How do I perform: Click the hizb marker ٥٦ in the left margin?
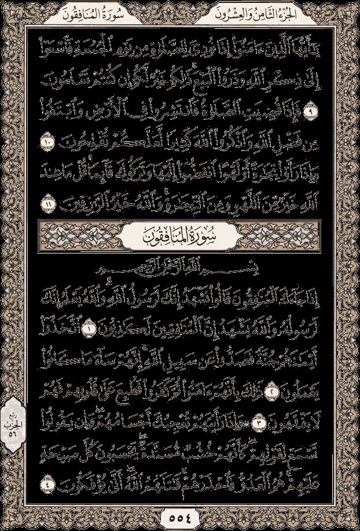tap(12, 413)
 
